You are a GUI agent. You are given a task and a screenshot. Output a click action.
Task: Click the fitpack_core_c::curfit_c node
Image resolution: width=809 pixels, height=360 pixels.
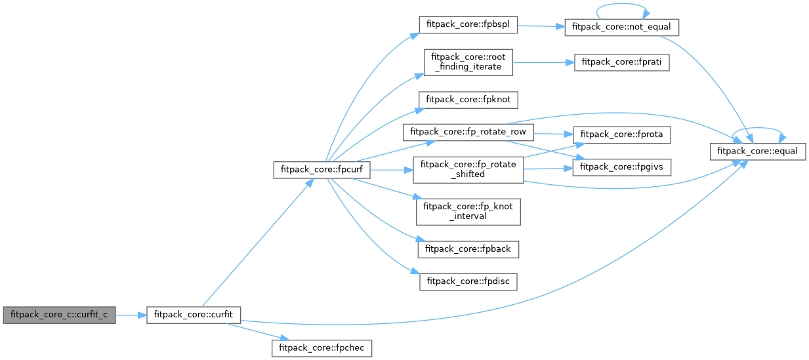point(59,315)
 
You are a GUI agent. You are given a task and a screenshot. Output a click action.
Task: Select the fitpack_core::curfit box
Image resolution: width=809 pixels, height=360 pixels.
point(193,315)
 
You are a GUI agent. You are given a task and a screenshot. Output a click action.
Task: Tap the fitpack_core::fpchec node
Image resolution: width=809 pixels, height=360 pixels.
point(322,348)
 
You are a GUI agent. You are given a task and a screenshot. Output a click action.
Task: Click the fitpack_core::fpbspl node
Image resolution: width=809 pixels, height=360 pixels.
point(469,25)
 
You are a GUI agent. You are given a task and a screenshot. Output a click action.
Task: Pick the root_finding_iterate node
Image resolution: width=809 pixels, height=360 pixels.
point(468,63)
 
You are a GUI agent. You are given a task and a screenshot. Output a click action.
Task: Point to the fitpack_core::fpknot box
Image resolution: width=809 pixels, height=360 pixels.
point(469,99)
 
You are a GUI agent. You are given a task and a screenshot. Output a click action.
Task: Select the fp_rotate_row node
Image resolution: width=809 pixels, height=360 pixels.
point(469,131)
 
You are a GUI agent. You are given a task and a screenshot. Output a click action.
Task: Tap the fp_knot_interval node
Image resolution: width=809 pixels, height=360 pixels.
point(468,211)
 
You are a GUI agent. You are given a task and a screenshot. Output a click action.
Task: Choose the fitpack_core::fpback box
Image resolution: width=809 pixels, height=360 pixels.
point(469,249)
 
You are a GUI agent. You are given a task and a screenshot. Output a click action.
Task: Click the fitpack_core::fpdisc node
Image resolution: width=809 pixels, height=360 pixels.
point(469,281)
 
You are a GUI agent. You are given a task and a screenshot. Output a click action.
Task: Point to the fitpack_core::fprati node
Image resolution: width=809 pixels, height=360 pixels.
point(621,63)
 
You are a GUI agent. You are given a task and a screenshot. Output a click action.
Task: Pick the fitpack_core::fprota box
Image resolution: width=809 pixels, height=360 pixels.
point(621,134)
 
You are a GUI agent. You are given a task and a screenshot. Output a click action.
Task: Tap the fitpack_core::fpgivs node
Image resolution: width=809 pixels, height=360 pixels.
point(621,167)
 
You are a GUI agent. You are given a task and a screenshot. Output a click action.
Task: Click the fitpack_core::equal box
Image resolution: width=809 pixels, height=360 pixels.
point(758,151)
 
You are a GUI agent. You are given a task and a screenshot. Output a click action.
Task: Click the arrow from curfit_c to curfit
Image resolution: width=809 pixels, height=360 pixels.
point(131,315)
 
